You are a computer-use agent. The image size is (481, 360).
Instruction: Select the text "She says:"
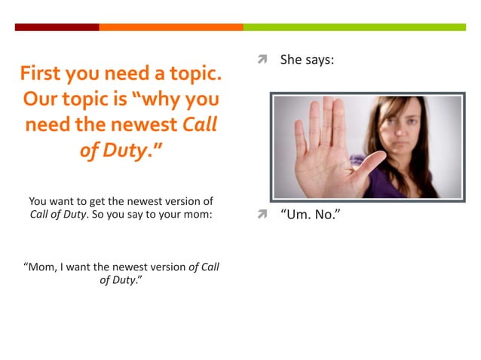tap(307, 59)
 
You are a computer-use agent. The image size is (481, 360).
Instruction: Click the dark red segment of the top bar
tap(57, 27)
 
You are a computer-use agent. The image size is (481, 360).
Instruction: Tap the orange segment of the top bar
tap(170, 27)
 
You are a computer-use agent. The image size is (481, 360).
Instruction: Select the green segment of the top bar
tap(354, 27)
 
